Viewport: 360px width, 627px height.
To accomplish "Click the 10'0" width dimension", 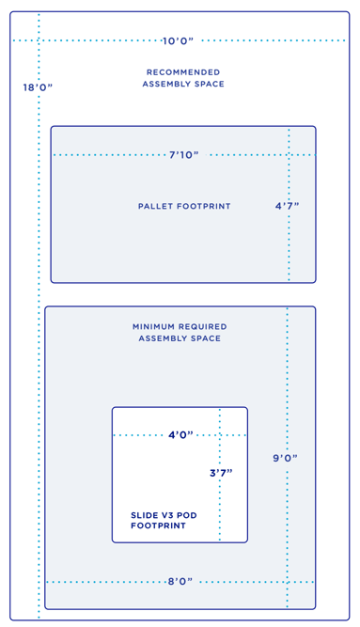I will [x=178, y=40].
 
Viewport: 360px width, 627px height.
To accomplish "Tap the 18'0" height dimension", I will [x=38, y=87].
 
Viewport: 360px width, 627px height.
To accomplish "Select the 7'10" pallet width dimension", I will [x=184, y=154].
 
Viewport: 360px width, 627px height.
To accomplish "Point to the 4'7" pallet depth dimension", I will [x=288, y=205].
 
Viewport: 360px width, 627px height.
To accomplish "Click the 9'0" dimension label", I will [x=286, y=458].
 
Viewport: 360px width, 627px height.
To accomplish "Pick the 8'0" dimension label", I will [x=180, y=582].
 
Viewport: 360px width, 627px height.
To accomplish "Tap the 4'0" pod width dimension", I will [x=181, y=435].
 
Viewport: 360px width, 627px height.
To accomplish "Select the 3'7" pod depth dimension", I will [x=220, y=473].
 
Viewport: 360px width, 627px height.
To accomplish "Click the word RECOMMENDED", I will [x=183, y=72].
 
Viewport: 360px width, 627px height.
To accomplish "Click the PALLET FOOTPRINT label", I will [x=184, y=206].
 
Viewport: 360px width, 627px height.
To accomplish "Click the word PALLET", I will [x=156, y=206].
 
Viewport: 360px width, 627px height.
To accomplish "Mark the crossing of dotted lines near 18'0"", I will [x=39, y=40].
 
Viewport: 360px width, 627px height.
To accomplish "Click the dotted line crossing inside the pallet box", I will [x=289, y=154].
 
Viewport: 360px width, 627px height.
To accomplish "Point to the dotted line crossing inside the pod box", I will [x=220, y=435].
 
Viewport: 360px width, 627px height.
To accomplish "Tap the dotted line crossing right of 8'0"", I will [x=287, y=582].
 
